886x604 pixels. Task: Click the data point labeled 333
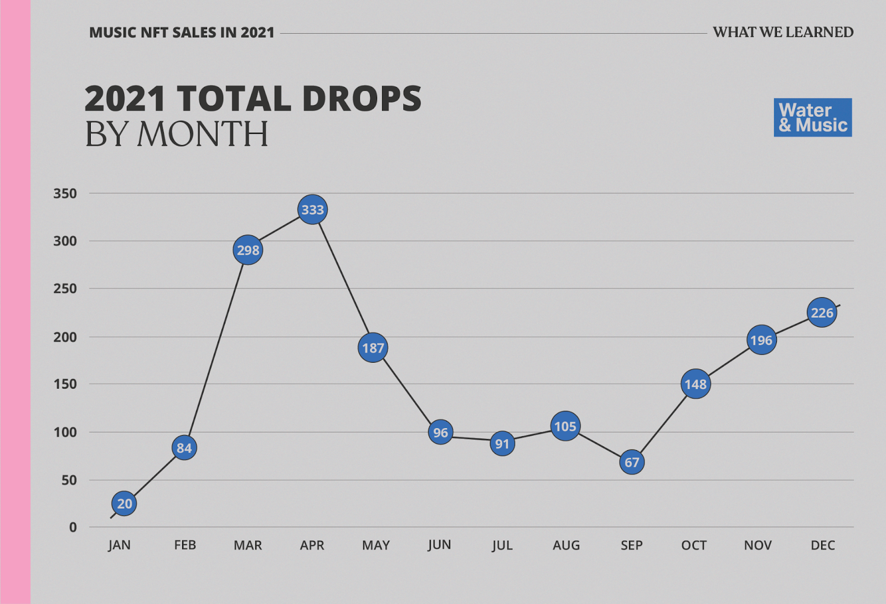(312, 210)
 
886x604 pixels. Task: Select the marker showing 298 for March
(248, 250)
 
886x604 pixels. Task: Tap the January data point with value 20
(124, 503)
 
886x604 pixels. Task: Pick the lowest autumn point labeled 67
(632, 462)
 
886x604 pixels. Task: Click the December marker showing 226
(822, 313)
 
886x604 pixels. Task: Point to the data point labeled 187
(373, 348)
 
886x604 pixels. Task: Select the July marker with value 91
(502, 443)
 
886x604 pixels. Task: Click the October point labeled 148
(696, 384)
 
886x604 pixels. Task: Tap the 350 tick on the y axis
(65, 194)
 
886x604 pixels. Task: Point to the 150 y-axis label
(65, 384)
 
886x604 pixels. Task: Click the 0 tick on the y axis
(73, 528)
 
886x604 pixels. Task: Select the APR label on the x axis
(312, 545)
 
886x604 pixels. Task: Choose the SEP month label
(631, 545)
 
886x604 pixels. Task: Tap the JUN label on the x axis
(439, 545)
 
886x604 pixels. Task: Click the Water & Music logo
(812, 117)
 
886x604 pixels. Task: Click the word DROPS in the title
(362, 99)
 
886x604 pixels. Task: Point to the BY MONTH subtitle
(177, 134)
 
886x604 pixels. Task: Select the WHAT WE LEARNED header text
(783, 32)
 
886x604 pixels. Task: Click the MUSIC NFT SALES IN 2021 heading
(182, 33)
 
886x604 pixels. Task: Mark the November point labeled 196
(761, 340)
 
